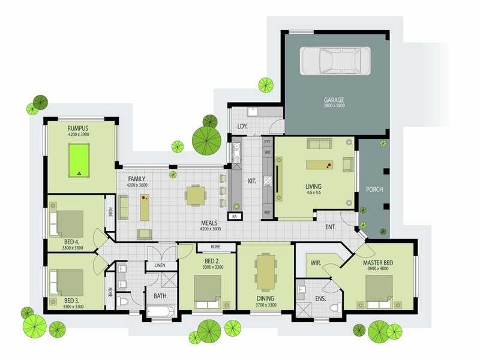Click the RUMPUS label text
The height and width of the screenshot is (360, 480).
78,128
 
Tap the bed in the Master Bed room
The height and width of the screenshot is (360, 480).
378,289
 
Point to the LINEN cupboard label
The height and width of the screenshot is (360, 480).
159,265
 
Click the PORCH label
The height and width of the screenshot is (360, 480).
374,190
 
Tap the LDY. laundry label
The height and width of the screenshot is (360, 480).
242,126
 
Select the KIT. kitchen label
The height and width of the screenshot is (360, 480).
253,180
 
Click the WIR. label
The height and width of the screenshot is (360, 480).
315,262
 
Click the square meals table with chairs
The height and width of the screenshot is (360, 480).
195,195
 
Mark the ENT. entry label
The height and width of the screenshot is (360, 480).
330,227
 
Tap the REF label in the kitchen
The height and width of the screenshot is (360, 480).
267,212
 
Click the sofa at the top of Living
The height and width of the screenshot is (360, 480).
319,143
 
